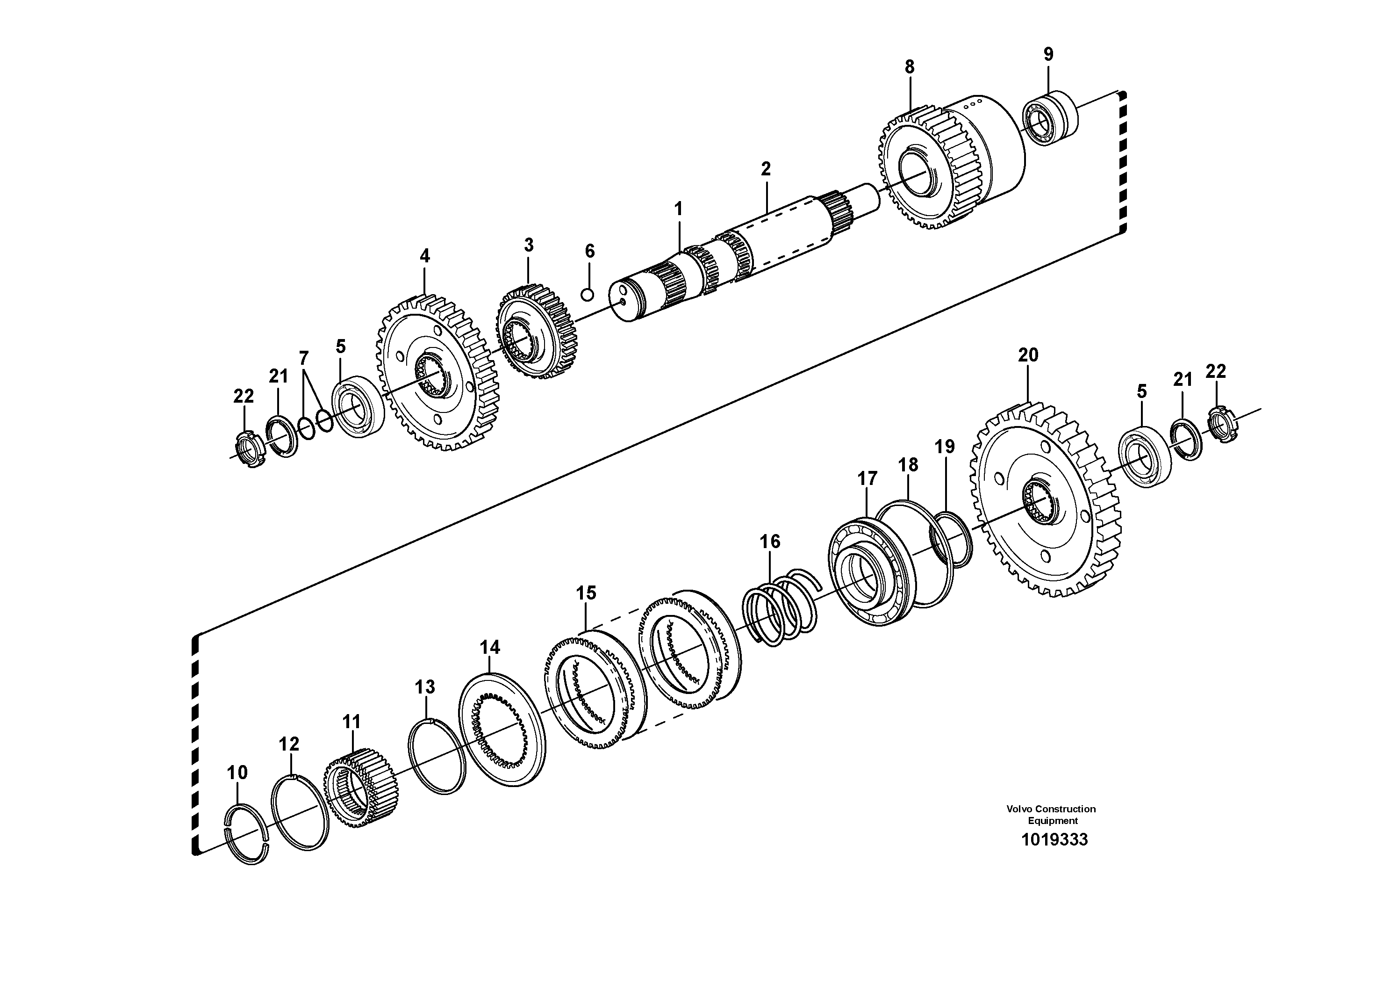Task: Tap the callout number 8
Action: tap(910, 67)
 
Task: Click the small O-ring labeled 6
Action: tap(587, 295)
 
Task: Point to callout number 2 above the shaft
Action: tap(766, 169)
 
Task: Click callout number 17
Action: tap(867, 479)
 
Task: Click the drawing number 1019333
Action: tap(1054, 839)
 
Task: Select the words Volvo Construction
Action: tap(1051, 809)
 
